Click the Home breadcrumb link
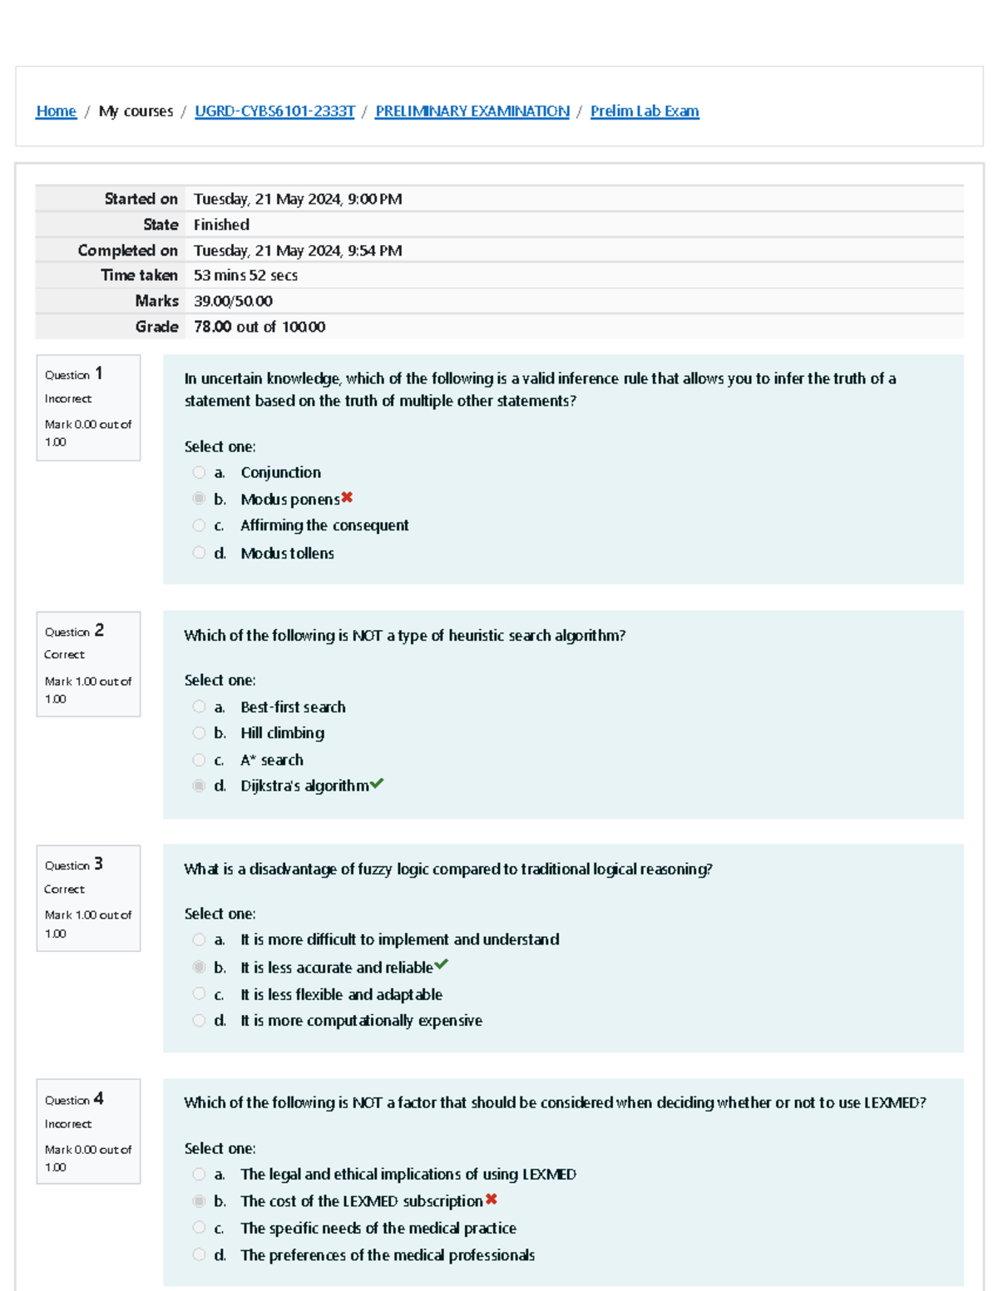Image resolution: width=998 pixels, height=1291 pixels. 56,111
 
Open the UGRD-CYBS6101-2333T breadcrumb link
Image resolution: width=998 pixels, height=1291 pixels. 274,111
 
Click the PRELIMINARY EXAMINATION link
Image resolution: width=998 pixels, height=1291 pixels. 472,111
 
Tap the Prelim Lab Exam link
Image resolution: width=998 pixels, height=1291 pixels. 645,111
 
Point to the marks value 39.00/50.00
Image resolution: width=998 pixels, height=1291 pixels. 233,301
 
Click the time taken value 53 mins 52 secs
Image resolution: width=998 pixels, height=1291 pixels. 245,275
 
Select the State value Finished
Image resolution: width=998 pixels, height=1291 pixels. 221,224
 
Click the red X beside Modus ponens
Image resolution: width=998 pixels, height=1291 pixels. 347,498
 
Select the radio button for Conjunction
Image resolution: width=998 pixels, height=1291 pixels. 199,472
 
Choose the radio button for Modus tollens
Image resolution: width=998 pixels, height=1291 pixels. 199,553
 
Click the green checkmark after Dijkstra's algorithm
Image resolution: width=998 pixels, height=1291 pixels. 377,784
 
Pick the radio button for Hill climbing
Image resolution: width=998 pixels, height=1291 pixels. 199,733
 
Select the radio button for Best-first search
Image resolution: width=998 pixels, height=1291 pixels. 199,707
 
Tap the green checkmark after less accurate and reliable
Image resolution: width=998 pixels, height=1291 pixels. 442,965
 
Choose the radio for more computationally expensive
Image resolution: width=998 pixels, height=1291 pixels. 199,1021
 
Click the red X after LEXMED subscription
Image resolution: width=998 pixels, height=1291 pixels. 492,1200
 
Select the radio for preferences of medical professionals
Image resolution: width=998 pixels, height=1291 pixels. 199,1255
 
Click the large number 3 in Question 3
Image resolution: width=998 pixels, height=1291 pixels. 98,864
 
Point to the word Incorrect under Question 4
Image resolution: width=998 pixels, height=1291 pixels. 68,1124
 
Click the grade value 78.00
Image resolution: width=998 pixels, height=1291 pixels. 213,327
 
